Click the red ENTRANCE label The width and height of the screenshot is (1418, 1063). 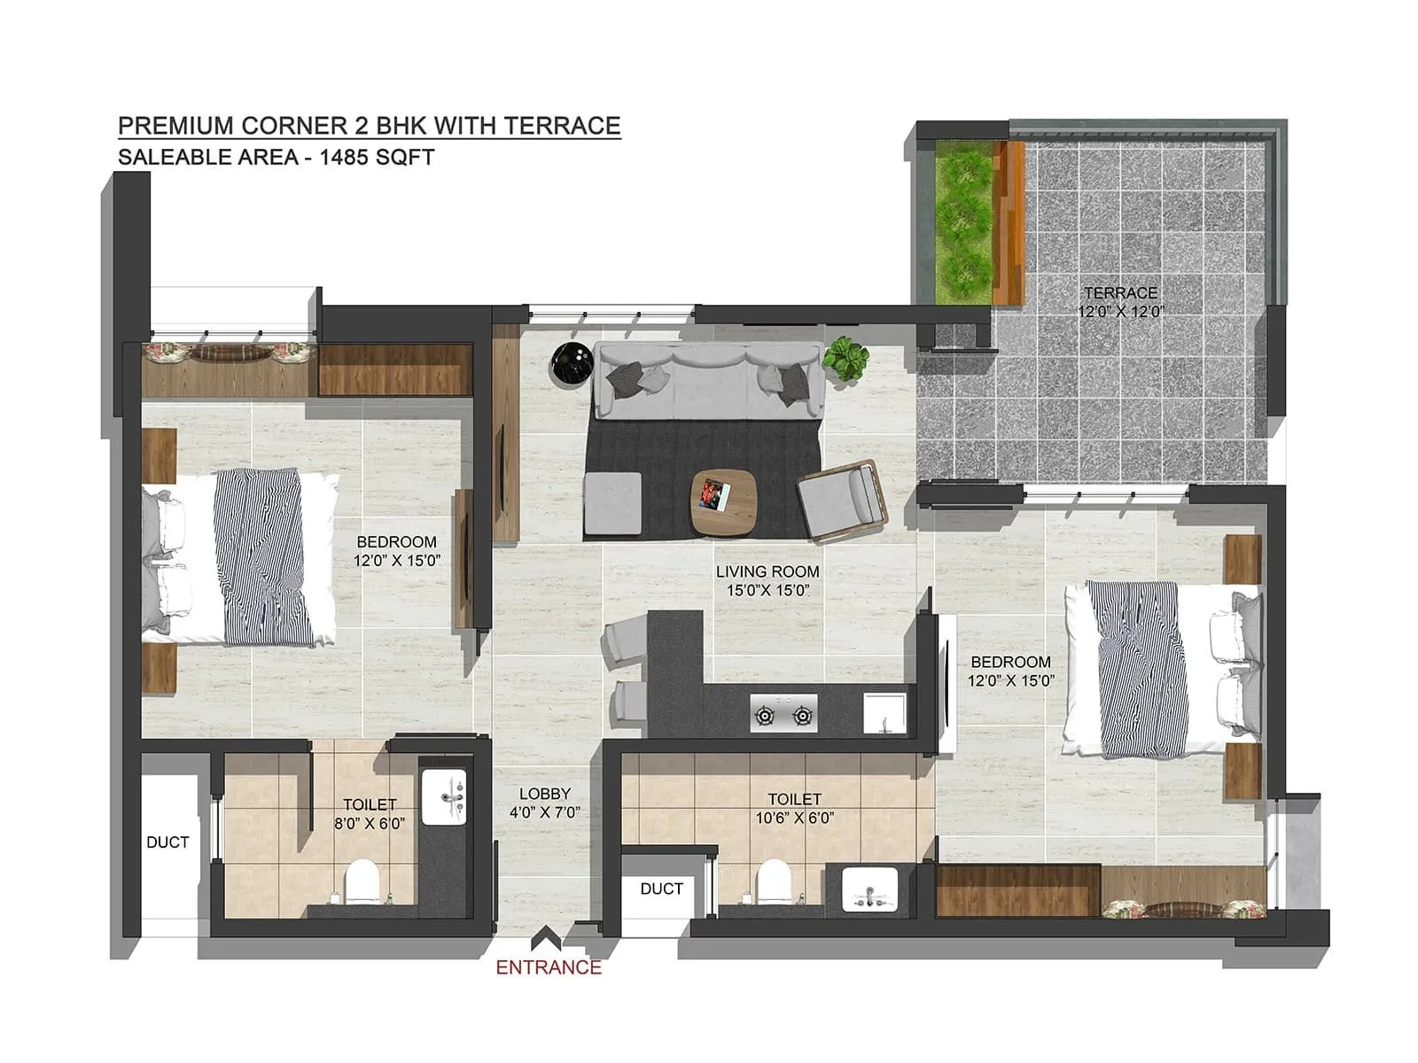(549, 967)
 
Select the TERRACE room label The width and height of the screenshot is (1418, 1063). (1120, 293)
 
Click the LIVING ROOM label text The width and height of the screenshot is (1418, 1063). (767, 572)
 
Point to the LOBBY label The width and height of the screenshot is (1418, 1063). (545, 794)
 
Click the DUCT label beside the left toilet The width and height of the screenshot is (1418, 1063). (168, 842)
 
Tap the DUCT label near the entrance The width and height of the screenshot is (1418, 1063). (661, 888)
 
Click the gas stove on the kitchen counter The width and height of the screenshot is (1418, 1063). (784, 713)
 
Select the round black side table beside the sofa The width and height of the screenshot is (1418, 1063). (568, 362)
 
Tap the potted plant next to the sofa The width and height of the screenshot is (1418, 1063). (845, 358)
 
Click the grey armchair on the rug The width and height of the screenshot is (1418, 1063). (841, 500)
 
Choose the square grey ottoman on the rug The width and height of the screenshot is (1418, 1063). (613, 503)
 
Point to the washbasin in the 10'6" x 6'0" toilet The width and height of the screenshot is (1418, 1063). (869, 888)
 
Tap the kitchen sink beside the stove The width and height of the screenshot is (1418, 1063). (884, 713)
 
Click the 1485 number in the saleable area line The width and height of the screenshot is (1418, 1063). (350, 158)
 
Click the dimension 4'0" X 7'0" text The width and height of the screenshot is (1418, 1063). (545, 812)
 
